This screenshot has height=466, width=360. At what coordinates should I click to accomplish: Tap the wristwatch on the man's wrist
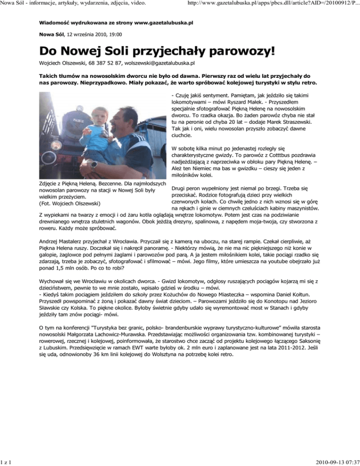(x=95, y=164)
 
